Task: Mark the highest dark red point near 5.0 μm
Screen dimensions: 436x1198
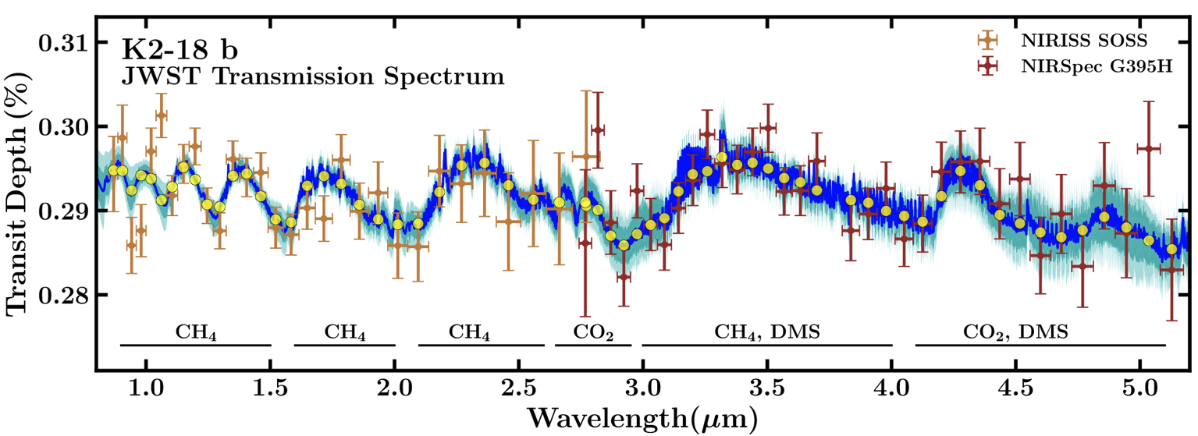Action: click(1148, 148)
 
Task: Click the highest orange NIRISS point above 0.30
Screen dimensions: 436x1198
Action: click(161, 115)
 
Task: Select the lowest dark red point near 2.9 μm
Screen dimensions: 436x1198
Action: click(623, 277)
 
